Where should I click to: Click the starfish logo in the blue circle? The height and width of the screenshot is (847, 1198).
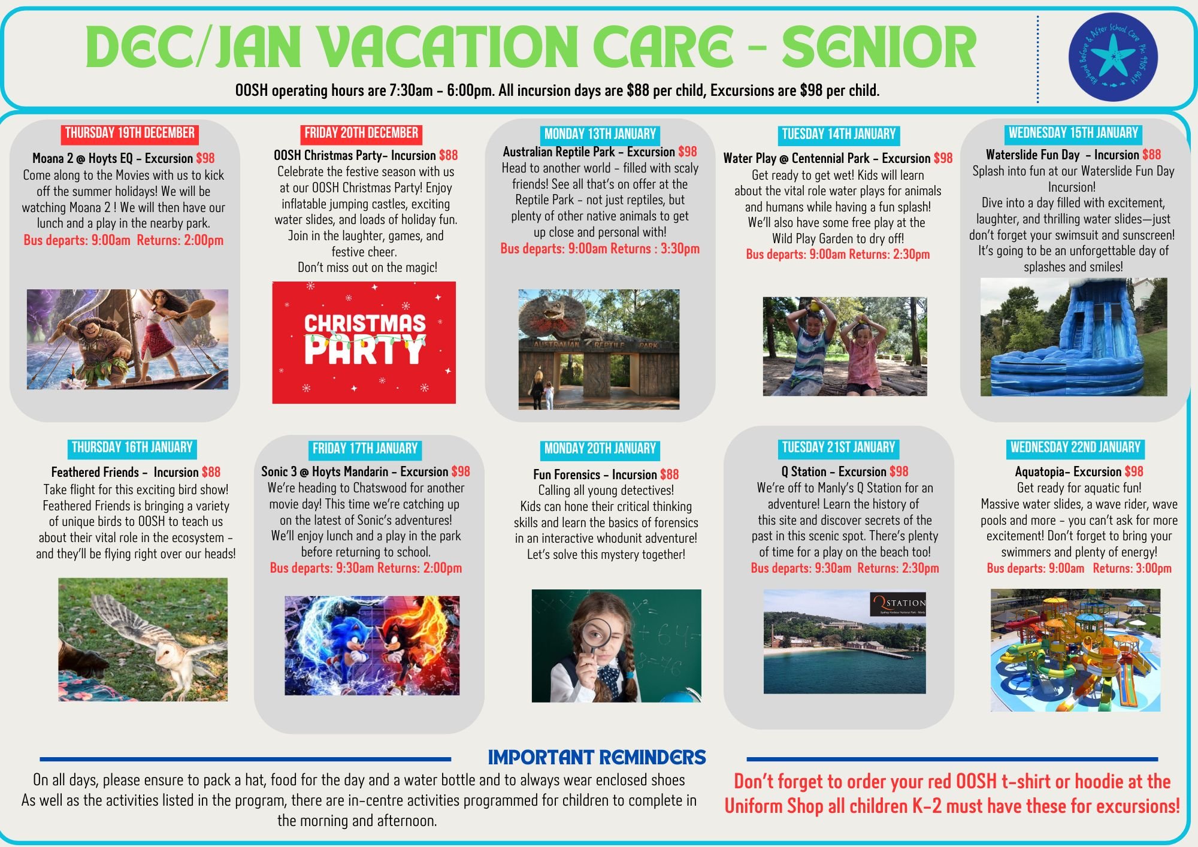[1113, 56]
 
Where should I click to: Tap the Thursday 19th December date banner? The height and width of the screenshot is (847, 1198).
[129, 133]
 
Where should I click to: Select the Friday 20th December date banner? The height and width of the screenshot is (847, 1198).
[361, 133]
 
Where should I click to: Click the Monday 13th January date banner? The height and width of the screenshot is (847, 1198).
[600, 134]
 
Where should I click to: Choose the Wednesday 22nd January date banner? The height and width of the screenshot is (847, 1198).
[1075, 447]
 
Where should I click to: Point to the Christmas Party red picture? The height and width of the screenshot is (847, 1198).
[364, 342]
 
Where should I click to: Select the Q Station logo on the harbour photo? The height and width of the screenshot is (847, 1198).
[897, 604]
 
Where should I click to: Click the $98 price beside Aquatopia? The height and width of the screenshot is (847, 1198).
[1134, 471]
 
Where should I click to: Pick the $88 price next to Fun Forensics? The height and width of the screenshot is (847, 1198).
[669, 474]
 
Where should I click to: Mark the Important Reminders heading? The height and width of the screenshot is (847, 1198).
[597, 758]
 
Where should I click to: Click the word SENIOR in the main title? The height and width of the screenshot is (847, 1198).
[879, 48]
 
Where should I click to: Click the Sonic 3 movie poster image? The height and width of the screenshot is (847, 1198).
[372, 645]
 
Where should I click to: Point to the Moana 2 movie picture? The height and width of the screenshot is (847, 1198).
[128, 339]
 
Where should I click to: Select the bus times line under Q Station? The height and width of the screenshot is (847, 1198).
[845, 568]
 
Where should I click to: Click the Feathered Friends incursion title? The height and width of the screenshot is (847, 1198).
[125, 472]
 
